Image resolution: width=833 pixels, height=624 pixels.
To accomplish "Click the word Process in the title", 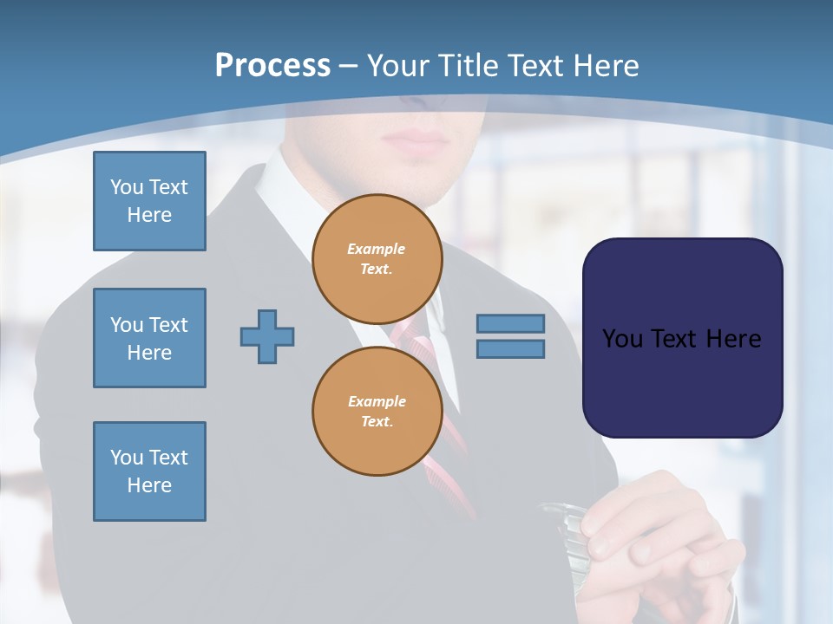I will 272,66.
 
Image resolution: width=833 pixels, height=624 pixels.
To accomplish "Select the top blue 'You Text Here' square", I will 149,201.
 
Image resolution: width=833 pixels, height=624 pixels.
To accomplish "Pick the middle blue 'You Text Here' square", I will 149,338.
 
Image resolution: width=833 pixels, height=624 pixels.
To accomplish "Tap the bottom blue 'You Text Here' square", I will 149,471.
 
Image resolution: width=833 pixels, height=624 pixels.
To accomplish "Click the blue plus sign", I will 267,336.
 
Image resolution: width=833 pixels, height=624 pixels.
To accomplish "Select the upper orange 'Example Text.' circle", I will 377,258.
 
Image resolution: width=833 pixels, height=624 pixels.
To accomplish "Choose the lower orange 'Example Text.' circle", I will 377,411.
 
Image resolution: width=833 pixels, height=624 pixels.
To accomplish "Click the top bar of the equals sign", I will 510,323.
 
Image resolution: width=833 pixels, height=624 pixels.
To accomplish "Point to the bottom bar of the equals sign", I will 510,349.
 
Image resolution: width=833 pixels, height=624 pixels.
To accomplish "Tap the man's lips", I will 415,140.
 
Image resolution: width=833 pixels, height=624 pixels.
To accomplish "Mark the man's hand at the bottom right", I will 659,537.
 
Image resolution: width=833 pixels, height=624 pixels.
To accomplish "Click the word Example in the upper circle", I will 376,249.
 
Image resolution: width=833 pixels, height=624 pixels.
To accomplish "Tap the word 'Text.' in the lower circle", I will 377,422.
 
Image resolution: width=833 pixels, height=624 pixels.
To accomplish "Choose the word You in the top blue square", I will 127,187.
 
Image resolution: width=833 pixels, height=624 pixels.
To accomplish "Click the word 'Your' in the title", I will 399,66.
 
